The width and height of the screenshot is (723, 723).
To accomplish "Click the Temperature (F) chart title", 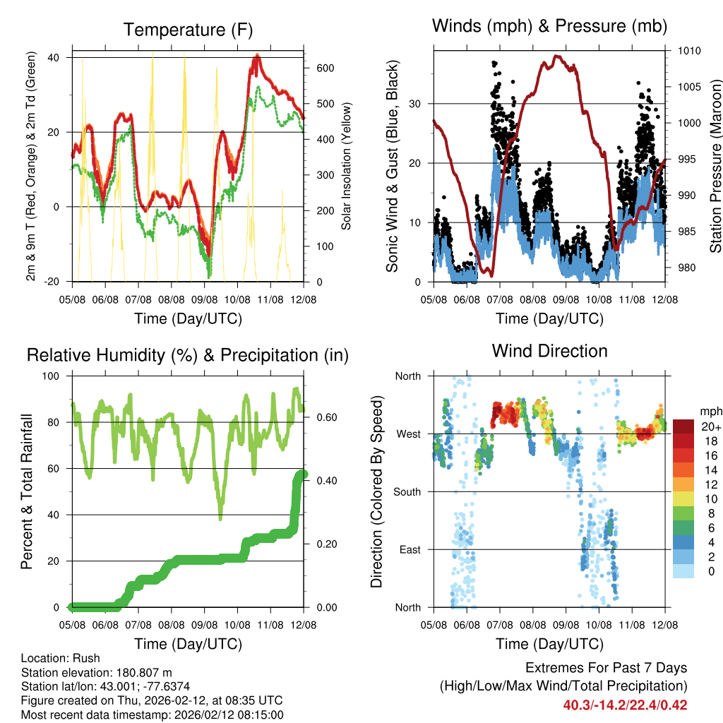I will click(x=188, y=30).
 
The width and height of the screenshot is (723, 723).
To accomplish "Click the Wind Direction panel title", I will click(x=549, y=350).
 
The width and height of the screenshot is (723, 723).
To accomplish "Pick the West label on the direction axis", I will click(x=408, y=434).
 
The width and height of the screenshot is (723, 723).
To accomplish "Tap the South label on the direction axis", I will click(x=407, y=491).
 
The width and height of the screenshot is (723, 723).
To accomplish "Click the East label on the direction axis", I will click(x=409, y=549).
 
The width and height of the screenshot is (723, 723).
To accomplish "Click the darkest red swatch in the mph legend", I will click(x=683, y=426).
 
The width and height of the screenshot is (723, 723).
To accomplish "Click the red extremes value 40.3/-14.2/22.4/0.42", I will click(x=625, y=705).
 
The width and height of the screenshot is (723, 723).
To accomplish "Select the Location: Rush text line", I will click(x=61, y=658).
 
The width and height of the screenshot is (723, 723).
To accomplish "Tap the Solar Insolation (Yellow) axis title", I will click(x=347, y=166).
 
